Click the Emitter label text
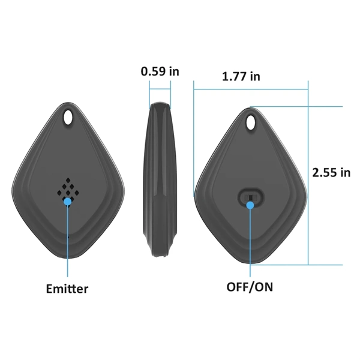pos(67,289)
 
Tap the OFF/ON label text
pos(250,286)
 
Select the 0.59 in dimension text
pos(160,71)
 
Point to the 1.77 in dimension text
pos(241,76)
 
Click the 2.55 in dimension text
pos(331,173)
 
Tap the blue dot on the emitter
pos(68,202)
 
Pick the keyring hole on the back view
pos(253,122)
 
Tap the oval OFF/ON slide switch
pos(251,196)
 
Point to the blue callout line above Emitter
pos(68,240)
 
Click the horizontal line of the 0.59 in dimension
pos(160,90)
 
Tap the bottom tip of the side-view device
pos(159,258)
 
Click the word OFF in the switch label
pos(238,286)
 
